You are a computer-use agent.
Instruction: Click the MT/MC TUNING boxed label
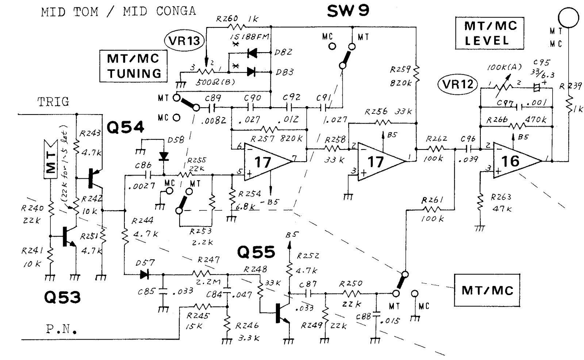(134, 66)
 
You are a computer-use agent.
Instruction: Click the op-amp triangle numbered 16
(515, 160)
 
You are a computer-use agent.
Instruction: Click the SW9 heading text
(348, 11)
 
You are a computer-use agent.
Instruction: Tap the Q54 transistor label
(125, 127)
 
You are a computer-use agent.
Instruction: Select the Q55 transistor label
(256, 252)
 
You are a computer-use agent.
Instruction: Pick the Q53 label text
(62, 297)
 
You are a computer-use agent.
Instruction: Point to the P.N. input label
(61, 330)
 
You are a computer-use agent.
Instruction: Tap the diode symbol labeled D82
(252, 54)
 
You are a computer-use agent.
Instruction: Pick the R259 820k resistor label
(401, 76)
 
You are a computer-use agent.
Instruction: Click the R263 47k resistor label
(501, 203)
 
